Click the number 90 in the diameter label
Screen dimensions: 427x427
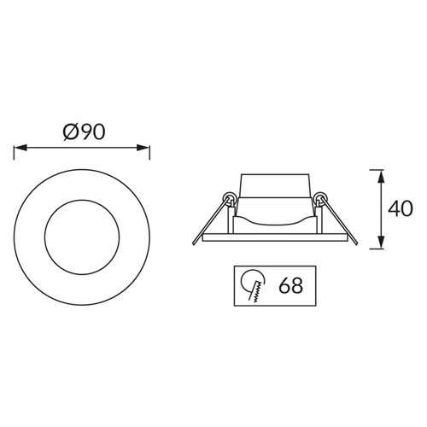(x=92, y=132)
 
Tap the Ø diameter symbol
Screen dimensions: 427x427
(x=70, y=132)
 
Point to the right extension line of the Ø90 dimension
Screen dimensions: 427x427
(x=150, y=153)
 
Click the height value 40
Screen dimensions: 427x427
(x=400, y=208)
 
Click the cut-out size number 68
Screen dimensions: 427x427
(x=290, y=285)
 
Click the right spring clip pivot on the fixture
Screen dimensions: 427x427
(x=320, y=200)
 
